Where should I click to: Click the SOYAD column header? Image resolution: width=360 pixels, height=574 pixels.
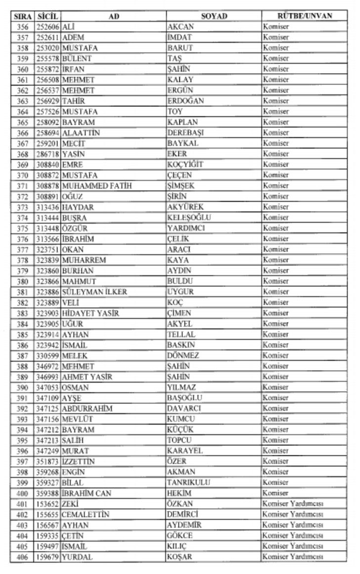pyautogui.click(x=214, y=16)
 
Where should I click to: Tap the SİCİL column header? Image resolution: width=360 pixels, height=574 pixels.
pyautogui.click(x=47, y=16)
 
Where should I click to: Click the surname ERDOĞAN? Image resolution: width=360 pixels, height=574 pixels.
pyautogui.click(x=185, y=101)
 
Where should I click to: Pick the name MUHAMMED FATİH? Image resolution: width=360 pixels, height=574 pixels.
pyautogui.click(x=97, y=186)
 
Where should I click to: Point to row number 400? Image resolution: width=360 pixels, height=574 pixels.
pyautogui.click(x=22, y=493)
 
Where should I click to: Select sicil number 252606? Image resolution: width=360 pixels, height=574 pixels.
pyautogui.click(x=48, y=27)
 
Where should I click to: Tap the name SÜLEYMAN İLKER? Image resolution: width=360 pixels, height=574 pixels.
pyautogui.click(x=94, y=292)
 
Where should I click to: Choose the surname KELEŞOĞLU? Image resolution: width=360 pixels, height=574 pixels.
pyautogui.click(x=189, y=218)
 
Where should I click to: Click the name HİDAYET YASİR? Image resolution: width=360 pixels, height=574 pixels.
pyautogui.click(x=90, y=313)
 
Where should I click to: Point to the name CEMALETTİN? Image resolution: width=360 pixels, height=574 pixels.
pyautogui.click(x=86, y=515)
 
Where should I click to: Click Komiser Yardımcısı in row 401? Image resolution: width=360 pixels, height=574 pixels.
pyautogui.click(x=293, y=504)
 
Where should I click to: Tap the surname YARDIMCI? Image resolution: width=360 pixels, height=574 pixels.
pyautogui.click(x=186, y=228)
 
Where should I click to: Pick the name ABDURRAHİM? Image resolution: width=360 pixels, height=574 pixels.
pyautogui.click(x=88, y=408)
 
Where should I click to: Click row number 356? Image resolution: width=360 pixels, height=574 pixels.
pyautogui.click(x=22, y=27)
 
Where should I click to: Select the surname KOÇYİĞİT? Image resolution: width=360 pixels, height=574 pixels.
pyautogui.click(x=185, y=165)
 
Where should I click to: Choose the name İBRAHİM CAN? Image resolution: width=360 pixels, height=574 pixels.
pyautogui.click(x=87, y=493)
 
